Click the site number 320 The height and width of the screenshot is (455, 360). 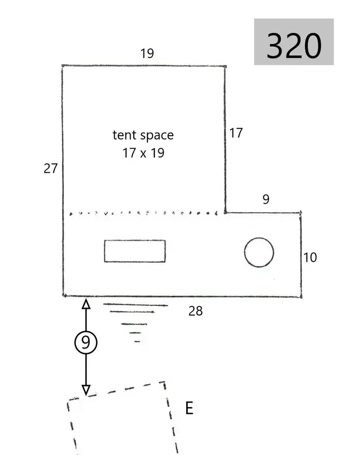[294, 46]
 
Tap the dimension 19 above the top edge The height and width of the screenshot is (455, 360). [147, 53]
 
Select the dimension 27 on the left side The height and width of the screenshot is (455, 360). [50, 169]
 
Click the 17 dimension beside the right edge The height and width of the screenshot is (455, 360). [236, 133]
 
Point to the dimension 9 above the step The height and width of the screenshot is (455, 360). [266, 199]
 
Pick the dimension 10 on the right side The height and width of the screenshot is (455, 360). [310, 258]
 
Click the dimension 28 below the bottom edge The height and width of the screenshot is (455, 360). [195, 311]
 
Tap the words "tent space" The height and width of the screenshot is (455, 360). [143, 135]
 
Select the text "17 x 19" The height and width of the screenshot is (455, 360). [143, 153]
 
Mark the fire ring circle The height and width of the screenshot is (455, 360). [259, 238]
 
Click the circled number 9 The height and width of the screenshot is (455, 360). [86, 342]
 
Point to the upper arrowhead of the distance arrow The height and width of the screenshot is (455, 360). [86, 300]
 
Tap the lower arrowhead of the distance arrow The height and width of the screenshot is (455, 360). [86, 394]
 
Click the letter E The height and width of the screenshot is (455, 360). [189, 408]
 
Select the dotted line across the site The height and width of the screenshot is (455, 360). [143, 213]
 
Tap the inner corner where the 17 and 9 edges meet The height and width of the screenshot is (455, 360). [225, 213]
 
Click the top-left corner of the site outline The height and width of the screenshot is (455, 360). [63, 66]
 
